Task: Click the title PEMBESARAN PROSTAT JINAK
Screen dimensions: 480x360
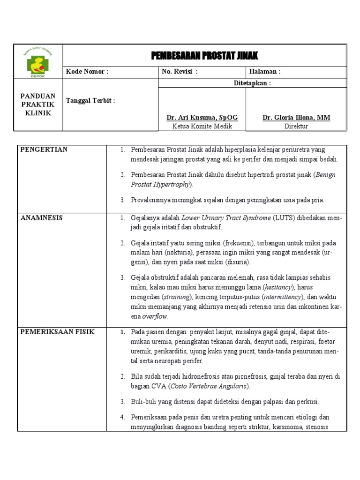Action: point(204,56)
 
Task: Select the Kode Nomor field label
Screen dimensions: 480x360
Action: point(87,72)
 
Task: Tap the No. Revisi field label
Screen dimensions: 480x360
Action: point(180,72)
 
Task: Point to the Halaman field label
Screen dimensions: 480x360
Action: point(265,72)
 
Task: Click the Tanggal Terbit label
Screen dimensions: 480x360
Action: point(90,101)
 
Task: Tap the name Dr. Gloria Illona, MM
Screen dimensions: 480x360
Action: point(296,118)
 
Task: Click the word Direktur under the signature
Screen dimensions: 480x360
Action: point(296,126)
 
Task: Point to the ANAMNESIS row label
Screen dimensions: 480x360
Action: point(41,218)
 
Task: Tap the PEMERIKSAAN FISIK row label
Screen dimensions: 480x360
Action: point(57,332)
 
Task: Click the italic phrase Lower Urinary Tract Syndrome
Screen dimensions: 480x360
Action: point(226,218)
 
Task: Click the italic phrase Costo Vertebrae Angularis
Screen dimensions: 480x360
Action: point(209,386)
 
